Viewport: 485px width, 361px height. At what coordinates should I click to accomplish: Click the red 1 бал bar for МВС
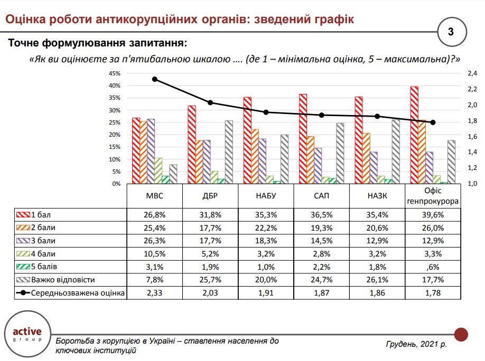coord(136,151)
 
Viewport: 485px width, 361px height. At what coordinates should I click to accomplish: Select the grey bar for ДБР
coord(228,152)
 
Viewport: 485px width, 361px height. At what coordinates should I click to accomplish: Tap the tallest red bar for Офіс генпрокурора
coord(414,135)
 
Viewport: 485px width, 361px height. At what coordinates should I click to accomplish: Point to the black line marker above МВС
coord(155,79)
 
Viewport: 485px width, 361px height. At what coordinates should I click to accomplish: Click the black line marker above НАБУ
coord(266,112)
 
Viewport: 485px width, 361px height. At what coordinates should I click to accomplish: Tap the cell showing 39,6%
coord(432,215)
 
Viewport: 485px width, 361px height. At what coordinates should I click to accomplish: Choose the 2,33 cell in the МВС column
coord(154,293)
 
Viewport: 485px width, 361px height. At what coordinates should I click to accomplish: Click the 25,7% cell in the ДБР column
coord(210,280)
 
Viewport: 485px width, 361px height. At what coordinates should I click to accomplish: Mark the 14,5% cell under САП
coord(321,241)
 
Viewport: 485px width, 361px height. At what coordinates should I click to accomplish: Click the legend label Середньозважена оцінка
coord(78,293)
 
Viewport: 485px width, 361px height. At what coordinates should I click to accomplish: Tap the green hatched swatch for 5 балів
coord(23,267)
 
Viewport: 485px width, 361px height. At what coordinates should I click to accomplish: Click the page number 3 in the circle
coord(451,32)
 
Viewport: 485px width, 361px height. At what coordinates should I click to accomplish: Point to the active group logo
coord(26,335)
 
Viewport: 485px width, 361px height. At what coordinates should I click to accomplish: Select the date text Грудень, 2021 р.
coord(416,344)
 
